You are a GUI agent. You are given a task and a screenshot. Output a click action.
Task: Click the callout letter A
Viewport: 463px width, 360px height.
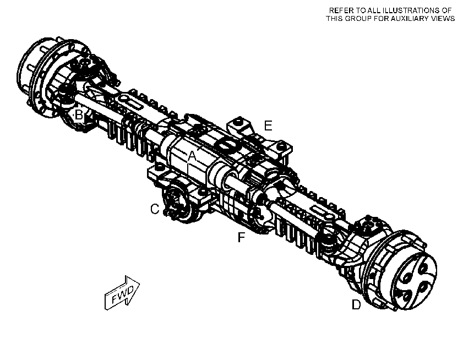pos(192,156)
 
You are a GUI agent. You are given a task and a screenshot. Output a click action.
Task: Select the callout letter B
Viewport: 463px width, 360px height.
pos(79,114)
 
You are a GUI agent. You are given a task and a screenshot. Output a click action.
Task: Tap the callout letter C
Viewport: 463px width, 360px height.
pos(155,209)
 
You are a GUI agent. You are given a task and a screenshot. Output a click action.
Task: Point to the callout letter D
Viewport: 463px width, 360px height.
pos(356,304)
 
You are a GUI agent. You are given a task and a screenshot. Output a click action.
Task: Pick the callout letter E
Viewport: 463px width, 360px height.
pos(268,126)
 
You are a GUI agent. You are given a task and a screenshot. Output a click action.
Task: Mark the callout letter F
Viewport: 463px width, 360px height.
pos(241,237)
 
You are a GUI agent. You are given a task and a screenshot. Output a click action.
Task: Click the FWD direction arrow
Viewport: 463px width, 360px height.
pos(122,293)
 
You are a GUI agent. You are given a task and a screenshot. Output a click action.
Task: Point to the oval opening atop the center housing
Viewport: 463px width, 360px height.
pos(227,144)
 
